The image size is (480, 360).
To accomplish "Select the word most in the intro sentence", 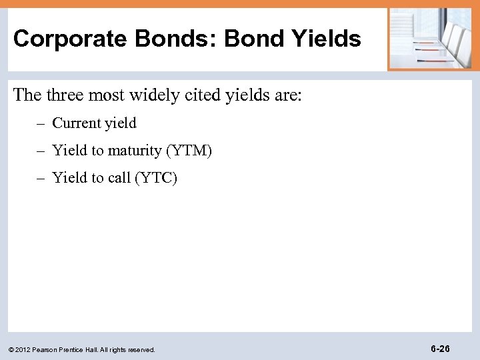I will [x=114, y=95].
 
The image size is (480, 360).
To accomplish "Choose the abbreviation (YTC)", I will [x=156, y=178].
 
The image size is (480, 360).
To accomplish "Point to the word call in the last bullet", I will [x=120, y=178].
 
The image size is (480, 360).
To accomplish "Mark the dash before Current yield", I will [x=41, y=123].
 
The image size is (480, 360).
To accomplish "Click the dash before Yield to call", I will [x=41, y=178].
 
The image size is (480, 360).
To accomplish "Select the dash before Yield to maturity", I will [x=41, y=151].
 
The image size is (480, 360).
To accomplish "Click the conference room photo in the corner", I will [x=430, y=39].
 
